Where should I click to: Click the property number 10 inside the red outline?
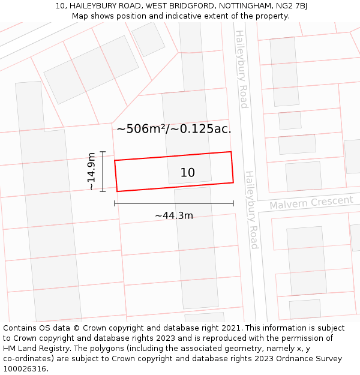click(x=187, y=173)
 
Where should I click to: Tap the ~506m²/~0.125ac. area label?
click(x=173, y=128)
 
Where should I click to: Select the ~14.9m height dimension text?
click(x=91, y=172)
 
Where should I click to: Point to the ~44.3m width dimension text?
click(x=174, y=215)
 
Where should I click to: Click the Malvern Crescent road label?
click(x=311, y=203)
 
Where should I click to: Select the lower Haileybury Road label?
click(x=251, y=210)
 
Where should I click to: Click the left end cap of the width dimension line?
click(x=115, y=203)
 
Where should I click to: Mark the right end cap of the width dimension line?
click(x=233, y=203)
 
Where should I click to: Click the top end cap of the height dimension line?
click(x=103, y=152)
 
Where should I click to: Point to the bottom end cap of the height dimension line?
click(x=103, y=191)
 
